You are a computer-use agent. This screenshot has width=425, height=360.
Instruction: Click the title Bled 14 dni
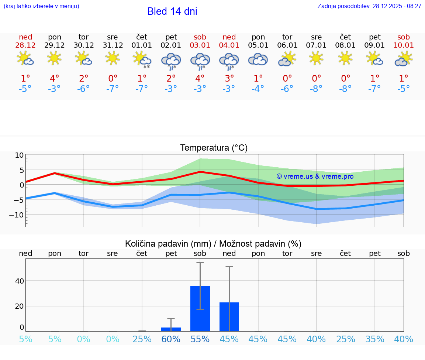pyautogui.click(x=172, y=11)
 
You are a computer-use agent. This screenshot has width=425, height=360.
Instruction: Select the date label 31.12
pyautogui.click(x=113, y=45)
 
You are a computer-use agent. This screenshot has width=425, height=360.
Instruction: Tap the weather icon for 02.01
pyautogui.click(x=171, y=61)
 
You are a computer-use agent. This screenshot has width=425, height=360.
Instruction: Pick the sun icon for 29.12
pyautogui.click(x=54, y=58)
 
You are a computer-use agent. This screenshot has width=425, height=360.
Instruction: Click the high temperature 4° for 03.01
pyautogui.click(x=200, y=79)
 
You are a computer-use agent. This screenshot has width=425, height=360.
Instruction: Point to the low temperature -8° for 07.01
pyautogui.click(x=316, y=89)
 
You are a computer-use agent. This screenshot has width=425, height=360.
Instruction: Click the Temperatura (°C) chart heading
pyautogui.click(x=214, y=148)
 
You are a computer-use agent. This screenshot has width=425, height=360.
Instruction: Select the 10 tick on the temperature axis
pyautogui.click(x=19, y=155)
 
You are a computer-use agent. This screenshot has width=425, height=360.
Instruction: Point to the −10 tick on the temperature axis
pyautogui.click(x=17, y=215)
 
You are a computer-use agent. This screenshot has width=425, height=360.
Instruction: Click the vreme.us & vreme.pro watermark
pyautogui.click(x=315, y=176)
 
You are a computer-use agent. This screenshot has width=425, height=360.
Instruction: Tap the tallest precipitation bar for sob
pyautogui.click(x=200, y=308)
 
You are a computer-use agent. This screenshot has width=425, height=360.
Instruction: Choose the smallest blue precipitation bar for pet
pyautogui.click(x=171, y=329)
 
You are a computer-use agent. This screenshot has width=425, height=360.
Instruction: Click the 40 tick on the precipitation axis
pyautogui.click(x=19, y=281)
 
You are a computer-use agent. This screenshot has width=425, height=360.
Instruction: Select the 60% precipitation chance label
pyautogui.click(x=171, y=339)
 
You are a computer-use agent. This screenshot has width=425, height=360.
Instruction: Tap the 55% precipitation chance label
pyautogui.click(x=200, y=339)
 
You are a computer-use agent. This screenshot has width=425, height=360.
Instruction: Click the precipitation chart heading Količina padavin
pyautogui.click(x=213, y=244)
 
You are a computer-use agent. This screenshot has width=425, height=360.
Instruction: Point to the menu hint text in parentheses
pyautogui.click(x=41, y=6)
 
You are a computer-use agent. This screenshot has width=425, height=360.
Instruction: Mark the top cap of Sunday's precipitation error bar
pyautogui.click(x=229, y=266)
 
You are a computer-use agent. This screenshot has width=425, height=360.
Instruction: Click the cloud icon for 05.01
pyautogui.click(x=258, y=59)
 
